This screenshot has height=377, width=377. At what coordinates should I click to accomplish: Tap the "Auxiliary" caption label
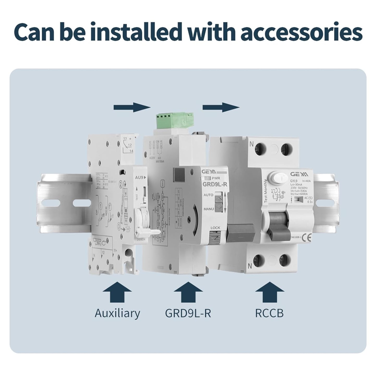click(117, 313)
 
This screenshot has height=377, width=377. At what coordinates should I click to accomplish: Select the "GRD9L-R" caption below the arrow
click(188, 313)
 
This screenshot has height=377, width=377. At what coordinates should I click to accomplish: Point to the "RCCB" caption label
click(269, 313)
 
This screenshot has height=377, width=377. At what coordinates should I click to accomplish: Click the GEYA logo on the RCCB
click(299, 174)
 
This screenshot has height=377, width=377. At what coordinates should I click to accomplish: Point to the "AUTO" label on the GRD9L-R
click(208, 195)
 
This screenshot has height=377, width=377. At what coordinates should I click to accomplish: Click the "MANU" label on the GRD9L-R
click(208, 209)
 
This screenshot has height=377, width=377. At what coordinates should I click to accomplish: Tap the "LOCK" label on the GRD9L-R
click(215, 228)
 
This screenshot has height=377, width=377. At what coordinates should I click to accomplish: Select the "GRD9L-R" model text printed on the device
click(215, 185)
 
